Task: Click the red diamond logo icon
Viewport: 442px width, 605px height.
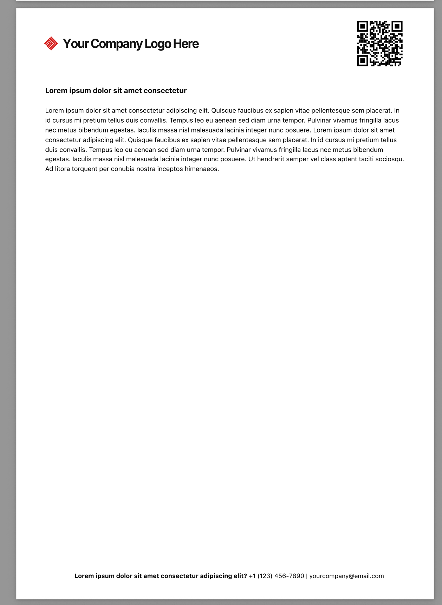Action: (51, 44)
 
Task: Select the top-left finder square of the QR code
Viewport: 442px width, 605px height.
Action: (362, 26)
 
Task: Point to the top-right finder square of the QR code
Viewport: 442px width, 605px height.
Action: (397, 26)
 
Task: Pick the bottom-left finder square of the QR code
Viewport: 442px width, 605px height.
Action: (362, 61)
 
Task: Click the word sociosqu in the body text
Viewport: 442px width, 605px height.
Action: (390, 159)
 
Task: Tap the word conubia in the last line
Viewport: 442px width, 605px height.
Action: (123, 169)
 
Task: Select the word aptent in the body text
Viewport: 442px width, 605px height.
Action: (347, 159)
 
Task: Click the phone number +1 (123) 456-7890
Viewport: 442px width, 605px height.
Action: (276, 576)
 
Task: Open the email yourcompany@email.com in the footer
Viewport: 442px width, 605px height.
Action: (346, 576)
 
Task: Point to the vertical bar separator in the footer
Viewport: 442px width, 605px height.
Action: (307, 576)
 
